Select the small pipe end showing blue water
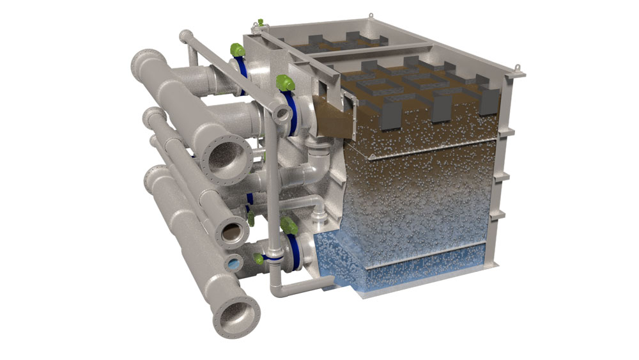click(x=234, y=263)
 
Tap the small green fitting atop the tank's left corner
click(x=258, y=24)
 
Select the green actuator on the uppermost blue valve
click(x=236, y=49)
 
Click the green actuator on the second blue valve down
click(x=282, y=82)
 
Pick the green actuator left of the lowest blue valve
click(x=259, y=258)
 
